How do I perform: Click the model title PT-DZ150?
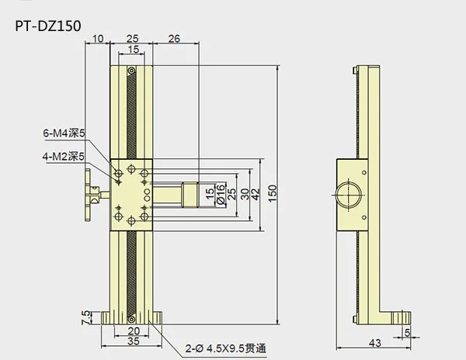48,26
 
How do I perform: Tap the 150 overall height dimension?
273,193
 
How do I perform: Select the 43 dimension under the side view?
374,343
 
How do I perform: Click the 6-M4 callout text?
64,133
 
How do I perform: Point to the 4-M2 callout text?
64,157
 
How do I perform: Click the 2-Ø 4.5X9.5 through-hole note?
226,348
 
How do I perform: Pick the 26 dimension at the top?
174,39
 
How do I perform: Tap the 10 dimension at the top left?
98,39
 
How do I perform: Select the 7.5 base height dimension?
85,317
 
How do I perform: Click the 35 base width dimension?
133,341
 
